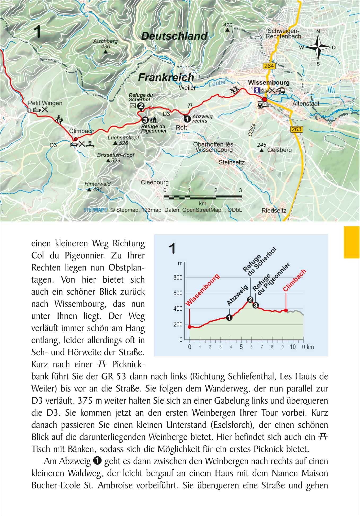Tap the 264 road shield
click(269, 66)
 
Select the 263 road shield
click(296, 129)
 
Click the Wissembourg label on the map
click(269, 83)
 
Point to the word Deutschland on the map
click(174, 36)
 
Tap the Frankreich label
click(166, 78)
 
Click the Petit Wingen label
click(45, 103)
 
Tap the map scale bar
click(203, 197)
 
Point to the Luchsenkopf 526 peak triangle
click(115, 143)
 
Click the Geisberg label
click(279, 150)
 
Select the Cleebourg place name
click(155, 183)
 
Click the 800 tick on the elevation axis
click(178, 278)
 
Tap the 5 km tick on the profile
click(241, 347)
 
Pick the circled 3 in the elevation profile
click(256, 305)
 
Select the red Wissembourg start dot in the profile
click(190, 327)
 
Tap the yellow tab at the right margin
click(352, 242)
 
